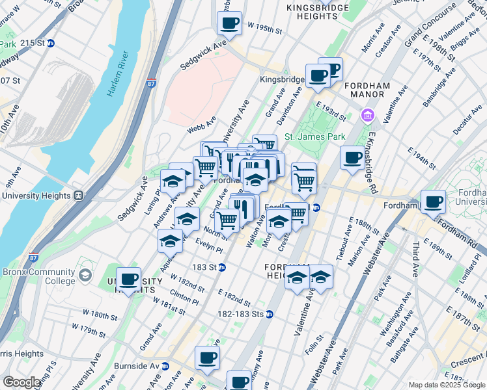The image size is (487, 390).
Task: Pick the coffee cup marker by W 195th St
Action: tap(229, 24)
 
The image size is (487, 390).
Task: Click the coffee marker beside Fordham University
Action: tap(433, 201)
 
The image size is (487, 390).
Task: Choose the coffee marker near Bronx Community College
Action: tap(129, 279)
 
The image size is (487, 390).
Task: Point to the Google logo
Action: tap(21, 382)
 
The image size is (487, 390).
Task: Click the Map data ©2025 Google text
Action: tap(443, 385)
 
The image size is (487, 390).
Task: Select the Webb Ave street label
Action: tap(201, 125)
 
